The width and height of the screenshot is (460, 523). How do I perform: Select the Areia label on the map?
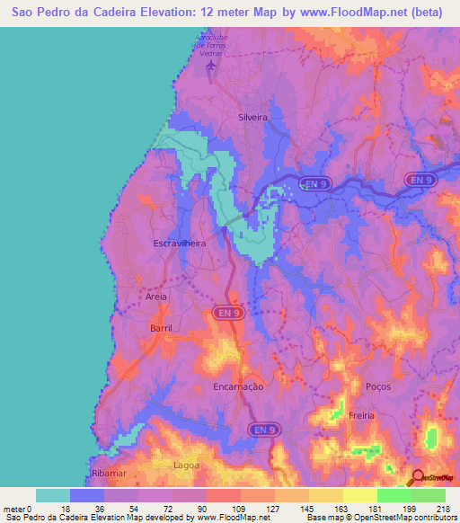pos(155,295)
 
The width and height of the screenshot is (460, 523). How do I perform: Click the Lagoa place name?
pos(186,465)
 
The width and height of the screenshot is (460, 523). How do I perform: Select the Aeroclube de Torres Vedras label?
pos(213,46)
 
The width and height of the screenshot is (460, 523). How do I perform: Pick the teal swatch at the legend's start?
pos(52,495)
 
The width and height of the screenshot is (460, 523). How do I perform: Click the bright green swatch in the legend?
pos(394,495)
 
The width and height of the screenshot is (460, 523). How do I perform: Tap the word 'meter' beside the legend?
pos(15,508)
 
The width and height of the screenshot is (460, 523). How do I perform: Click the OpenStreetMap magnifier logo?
pos(418,477)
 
